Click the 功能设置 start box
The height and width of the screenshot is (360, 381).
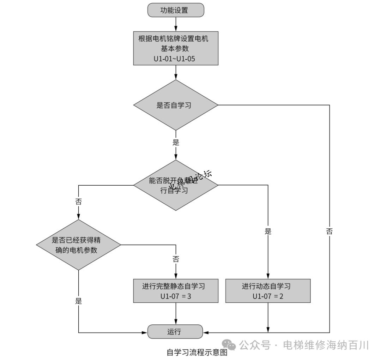click(176, 10)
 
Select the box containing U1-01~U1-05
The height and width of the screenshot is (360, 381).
click(176, 48)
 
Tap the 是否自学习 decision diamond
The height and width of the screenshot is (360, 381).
click(176, 105)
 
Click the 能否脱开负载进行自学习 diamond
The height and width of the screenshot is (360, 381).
click(176, 185)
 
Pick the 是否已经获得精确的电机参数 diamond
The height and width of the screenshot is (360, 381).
click(78, 245)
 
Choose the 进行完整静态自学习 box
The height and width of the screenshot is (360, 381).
click(176, 291)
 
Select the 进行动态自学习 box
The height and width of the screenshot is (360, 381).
click(268, 291)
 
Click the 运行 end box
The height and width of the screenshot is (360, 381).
click(175, 332)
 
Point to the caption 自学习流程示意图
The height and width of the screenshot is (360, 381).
click(197, 352)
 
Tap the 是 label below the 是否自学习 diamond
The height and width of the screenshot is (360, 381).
click(176, 143)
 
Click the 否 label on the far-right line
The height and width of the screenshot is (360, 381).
click(329, 232)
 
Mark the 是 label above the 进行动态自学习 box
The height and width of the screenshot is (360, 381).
click(268, 232)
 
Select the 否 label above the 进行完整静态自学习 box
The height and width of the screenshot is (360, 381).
click(176, 259)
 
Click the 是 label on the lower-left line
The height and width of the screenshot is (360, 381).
click(78, 301)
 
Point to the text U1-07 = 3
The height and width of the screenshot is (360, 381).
click(176, 296)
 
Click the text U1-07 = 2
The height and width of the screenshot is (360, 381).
click(268, 296)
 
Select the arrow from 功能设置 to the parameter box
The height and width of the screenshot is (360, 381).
click(176, 24)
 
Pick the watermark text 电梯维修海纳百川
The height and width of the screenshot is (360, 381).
click(326, 345)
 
